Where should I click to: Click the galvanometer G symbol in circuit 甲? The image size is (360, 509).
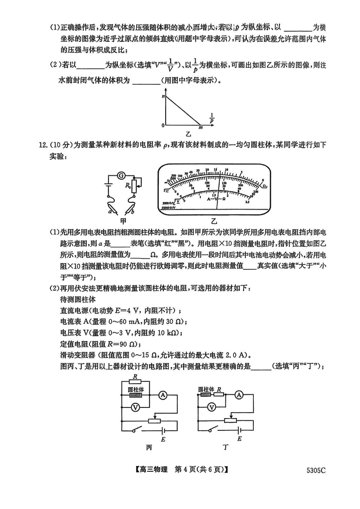pos(120,175)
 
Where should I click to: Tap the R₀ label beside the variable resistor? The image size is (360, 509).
pos(128,184)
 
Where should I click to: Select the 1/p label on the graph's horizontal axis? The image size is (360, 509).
pos(211,118)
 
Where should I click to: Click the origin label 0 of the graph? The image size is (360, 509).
pos(163,125)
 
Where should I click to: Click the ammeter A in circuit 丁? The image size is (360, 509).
pos(239,395)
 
